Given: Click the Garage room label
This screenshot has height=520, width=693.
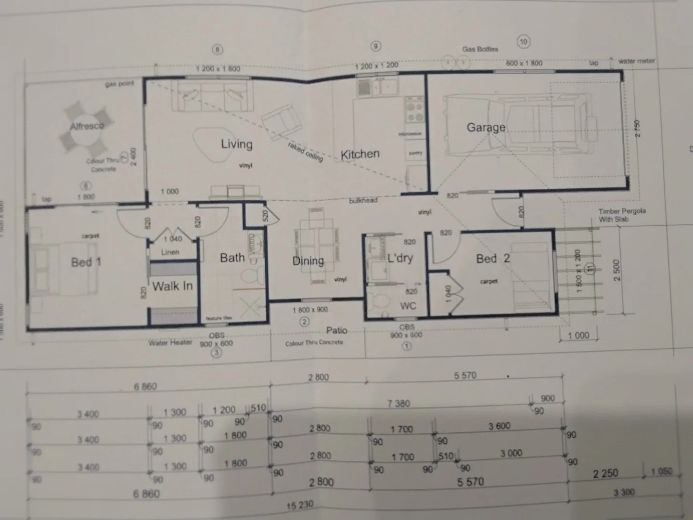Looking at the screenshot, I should tap(486, 128).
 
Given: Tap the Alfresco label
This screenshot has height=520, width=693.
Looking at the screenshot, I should tap(87, 126).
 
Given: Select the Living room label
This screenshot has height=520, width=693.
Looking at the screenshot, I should tap(236, 144).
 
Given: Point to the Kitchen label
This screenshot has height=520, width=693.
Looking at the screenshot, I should tap(360, 155).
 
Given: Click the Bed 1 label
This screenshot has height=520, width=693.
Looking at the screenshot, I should tap(86, 262).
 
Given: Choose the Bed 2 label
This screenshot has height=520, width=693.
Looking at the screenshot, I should tap(492, 259).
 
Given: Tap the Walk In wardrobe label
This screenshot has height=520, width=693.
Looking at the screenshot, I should tap(172, 286).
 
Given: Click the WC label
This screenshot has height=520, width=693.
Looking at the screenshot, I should tap(408, 306).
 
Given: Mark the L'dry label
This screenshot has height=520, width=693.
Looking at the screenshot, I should tap(400, 258).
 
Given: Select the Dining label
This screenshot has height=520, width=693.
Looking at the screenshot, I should tap(308, 261).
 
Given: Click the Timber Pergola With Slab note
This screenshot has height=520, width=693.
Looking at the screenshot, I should tap(622, 215).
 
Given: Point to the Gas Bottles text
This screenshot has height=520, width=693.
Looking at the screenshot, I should tap(480, 49).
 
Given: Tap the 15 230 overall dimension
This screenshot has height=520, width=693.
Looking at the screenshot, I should tap(299, 505).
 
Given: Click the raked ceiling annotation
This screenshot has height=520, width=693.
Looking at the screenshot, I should tap(305, 152).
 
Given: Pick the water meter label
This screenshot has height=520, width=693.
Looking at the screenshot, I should tap(636, 61).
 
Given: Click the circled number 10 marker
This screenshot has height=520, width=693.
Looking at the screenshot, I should tap(523, 41).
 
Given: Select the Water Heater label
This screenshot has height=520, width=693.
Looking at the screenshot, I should tap(170, 343).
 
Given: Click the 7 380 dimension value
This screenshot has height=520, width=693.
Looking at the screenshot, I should tap(398, 403).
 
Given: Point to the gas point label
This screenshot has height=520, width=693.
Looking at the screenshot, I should tap(119, 84).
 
